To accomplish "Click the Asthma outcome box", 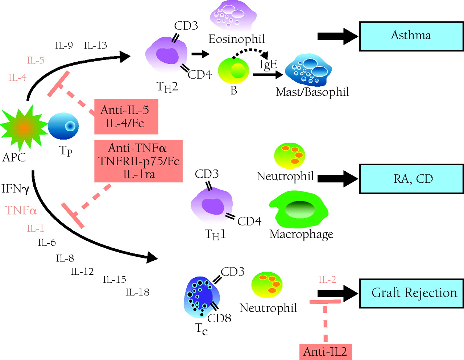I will (411, 36).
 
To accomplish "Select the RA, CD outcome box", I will (411, 179).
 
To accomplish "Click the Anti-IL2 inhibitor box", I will (325, 352).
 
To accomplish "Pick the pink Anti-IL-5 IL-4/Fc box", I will (126, 117).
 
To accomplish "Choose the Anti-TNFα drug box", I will (138, 161).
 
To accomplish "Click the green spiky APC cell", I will (24, 127).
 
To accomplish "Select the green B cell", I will (234, 71).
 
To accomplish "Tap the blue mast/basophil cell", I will (308, 70).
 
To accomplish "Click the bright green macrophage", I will (299, 210).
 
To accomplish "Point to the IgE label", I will (268, 65).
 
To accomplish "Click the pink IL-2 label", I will (327, 280).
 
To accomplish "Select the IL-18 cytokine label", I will (137, 292).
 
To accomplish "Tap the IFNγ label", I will (15, 189).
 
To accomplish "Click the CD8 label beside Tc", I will (219, 318).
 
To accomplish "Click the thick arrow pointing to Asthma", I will (337, 36).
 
